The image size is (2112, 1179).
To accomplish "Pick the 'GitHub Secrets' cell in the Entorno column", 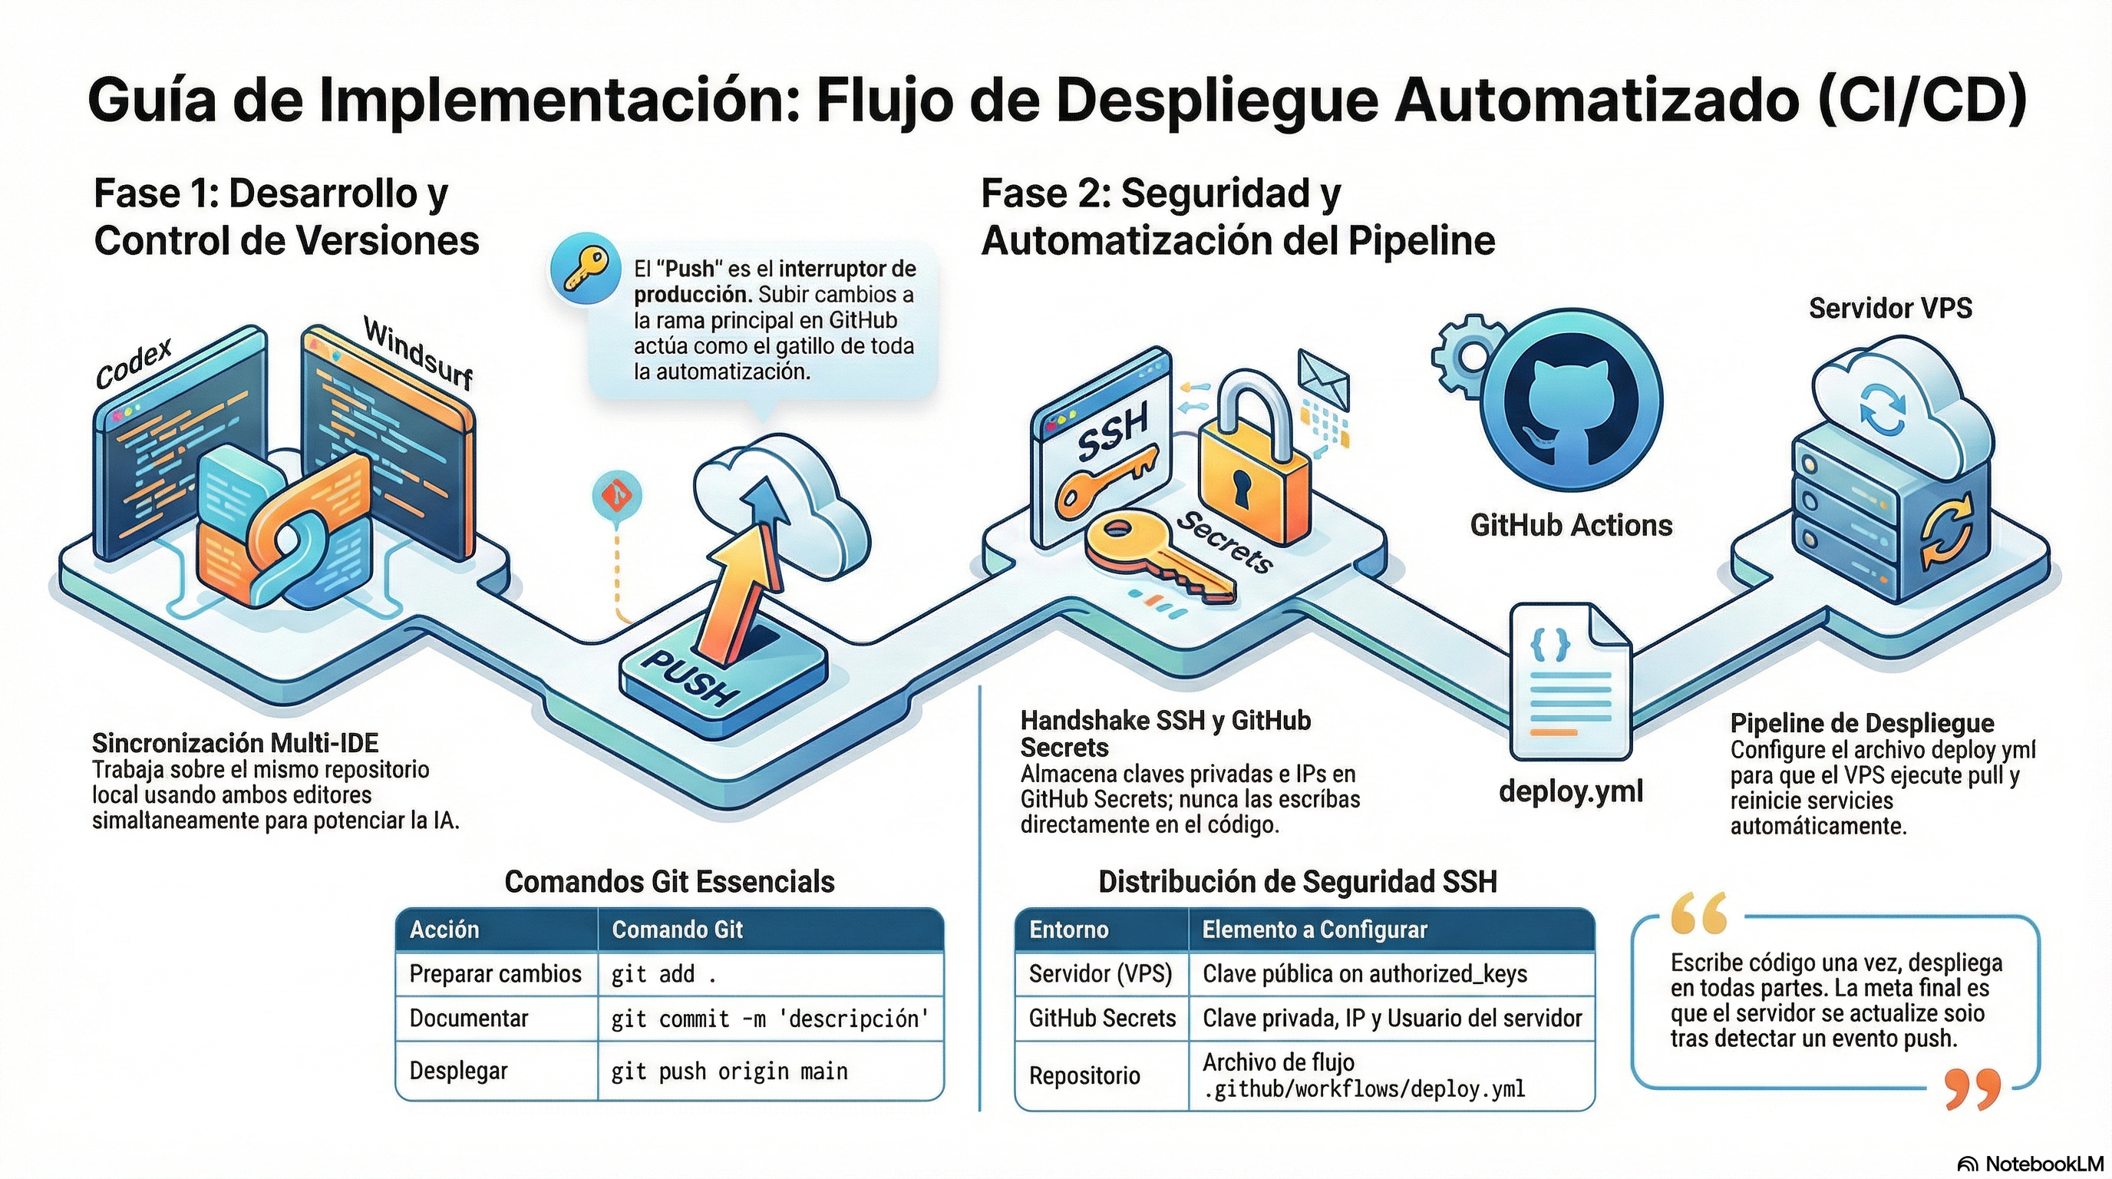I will coord(1102,1019).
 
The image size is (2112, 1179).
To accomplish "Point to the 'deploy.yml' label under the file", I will coord(1571,791).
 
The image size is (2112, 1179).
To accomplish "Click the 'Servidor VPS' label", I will coord(1889,309).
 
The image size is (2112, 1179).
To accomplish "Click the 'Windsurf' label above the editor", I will coord(418,353).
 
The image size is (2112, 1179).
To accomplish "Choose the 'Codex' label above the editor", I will coord(134,363).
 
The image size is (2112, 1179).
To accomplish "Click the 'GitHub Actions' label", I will coord(1570,526).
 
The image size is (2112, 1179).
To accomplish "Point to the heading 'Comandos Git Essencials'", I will coord(669,882).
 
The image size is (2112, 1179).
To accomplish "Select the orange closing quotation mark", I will coord(1972,1090).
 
